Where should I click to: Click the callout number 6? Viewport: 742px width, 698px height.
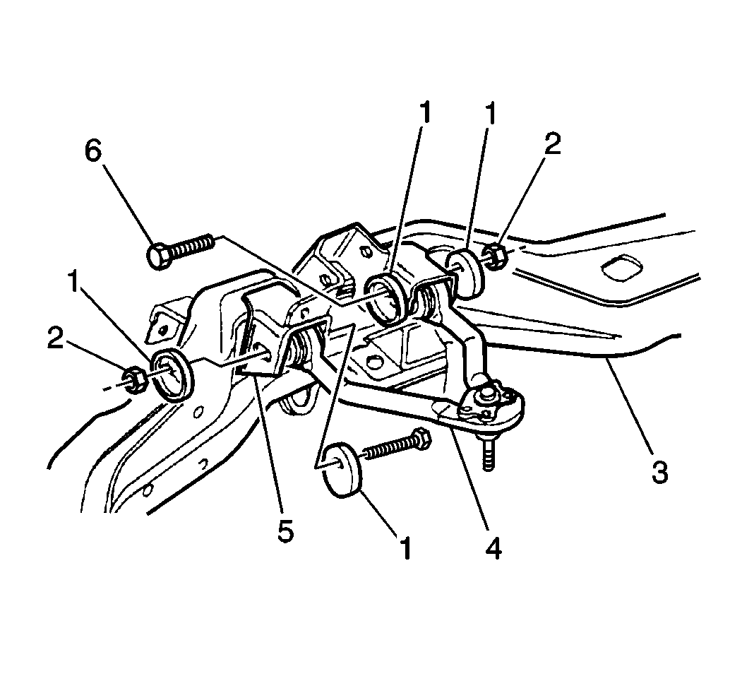[92, 151]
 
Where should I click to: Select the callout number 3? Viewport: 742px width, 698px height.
[659, 472]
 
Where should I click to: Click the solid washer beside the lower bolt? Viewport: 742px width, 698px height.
[342, 470]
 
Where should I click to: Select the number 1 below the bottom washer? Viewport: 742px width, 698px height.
[405, 548]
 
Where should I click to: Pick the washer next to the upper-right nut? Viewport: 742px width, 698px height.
[466, 276]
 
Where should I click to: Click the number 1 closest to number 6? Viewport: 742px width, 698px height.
[74, 282]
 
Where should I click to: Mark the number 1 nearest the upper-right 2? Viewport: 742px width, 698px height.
[491, 114]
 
